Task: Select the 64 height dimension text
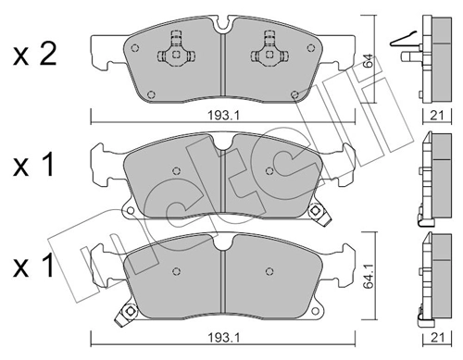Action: coord(369,61)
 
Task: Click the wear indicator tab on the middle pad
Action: coord(320,212)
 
